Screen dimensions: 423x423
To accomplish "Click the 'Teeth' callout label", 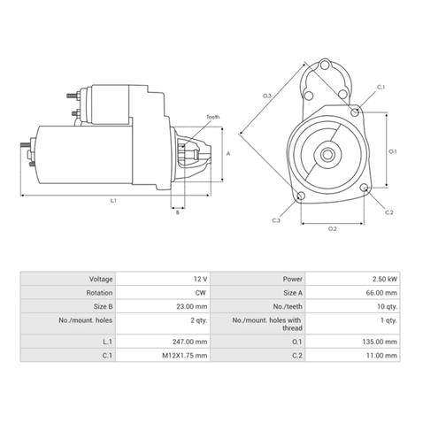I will tap(212, 117).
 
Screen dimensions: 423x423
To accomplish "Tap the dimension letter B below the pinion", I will tap(177, 212).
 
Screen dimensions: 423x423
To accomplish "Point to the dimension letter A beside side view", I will tap(228, 152).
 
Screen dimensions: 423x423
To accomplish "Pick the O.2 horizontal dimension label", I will tap(333, 229).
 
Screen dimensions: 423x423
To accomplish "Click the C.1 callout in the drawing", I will tap(381, 87).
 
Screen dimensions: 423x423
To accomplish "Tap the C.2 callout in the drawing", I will tap(389, 212).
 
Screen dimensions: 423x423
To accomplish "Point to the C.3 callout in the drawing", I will tap(276, 219).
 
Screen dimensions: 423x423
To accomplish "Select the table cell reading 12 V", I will tap(165, 279).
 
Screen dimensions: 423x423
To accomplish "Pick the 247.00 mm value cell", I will tap(165, 341).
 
